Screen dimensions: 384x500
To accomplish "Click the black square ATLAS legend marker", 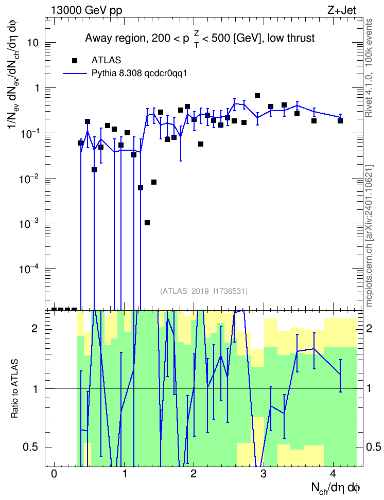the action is coord(75,60).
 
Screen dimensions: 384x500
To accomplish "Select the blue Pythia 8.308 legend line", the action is coord(75,74).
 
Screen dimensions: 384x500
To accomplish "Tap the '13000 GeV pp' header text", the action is coord(86,10).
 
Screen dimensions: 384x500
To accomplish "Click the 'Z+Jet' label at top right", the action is coord(342,10).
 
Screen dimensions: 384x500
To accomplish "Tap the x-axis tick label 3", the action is coord(263,474).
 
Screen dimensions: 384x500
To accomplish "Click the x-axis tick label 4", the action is coord(333,474).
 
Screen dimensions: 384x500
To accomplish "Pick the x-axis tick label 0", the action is coord(54,474).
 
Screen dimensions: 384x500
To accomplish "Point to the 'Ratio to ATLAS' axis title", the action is coord(14,388).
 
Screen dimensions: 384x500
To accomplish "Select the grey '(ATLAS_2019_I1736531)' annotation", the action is coord(204,291).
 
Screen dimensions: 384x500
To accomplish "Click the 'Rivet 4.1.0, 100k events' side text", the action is coord(369,68).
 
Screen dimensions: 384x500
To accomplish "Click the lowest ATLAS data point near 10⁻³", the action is coord(147,223).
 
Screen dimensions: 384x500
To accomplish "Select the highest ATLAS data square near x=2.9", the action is coord(257,96).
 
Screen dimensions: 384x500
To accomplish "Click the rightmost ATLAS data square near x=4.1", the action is coord(340,121).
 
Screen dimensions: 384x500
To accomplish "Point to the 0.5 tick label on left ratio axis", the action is coord(31,448).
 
